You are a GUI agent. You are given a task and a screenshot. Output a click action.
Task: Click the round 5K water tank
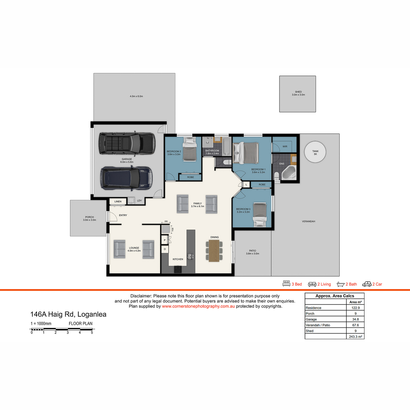(x=315, y=152)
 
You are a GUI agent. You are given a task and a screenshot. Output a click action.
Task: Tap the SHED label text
(x=298, y=92)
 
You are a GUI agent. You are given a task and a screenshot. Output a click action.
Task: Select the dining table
(x=214, y=251)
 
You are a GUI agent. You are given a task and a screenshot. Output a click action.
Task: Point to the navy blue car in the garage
(x=126, y=178)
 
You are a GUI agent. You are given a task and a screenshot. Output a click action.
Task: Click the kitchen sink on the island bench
(x=190, y=256)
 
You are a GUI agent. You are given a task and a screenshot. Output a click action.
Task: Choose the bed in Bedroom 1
(x=246, y=153)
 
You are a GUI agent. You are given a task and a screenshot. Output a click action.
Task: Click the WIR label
(x=285, y=146)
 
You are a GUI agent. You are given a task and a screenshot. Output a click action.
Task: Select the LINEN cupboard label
(x=118, y=202)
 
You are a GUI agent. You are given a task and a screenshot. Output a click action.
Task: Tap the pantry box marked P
(x=165, y=240)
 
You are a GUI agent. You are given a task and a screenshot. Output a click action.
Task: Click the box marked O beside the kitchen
(x=165, y=249)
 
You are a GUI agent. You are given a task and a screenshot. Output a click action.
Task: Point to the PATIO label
(x=252, y=251)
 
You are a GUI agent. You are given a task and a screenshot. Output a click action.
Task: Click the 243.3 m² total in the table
(x=355, y=337)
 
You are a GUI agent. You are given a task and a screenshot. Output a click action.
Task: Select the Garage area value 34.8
(x=355, y=319)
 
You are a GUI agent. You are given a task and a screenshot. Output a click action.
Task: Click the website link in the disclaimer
(x=198, y=306)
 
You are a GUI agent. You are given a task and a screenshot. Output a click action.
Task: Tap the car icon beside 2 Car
(x=367, y=284)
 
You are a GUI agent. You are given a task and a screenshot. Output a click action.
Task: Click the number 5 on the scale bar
(x=92, y=332)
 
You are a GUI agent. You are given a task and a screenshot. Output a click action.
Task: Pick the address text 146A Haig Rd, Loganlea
(x=68, y=314)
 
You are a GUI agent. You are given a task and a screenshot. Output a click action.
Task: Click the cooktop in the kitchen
(x=178, y=269)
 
